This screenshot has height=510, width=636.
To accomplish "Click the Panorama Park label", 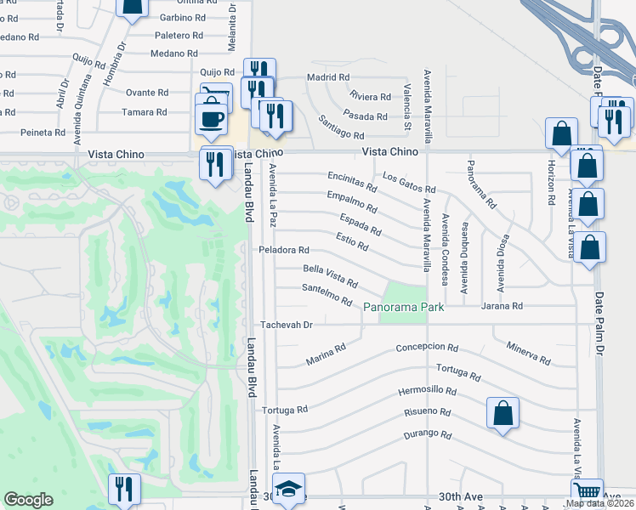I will click(x=404, y=306).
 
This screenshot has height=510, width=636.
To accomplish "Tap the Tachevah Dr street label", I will click(x=287, y=325).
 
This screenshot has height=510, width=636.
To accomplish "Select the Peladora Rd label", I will click(x=284, y=251).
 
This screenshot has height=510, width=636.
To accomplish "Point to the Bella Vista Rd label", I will click(x=330, y=275).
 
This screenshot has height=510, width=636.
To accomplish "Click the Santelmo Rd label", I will click(x=327, y=294).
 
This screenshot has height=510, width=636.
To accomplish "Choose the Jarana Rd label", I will click(x=502, y=306).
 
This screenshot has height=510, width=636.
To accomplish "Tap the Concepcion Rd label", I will click(x=427, y=348).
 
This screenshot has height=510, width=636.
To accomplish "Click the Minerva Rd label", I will click(x=528, y=352).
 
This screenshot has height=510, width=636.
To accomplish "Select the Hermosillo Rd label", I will click(x=428, y=393).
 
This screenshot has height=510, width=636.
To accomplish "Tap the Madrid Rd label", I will click(x=327, y=77).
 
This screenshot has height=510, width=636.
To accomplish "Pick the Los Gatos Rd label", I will click(x=408, y=183).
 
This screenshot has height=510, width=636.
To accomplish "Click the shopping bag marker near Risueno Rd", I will click(x=503, y=414).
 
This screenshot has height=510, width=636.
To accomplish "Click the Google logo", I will click(x=29, y=500).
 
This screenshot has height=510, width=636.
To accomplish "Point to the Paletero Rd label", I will click(x=178, y=36).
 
